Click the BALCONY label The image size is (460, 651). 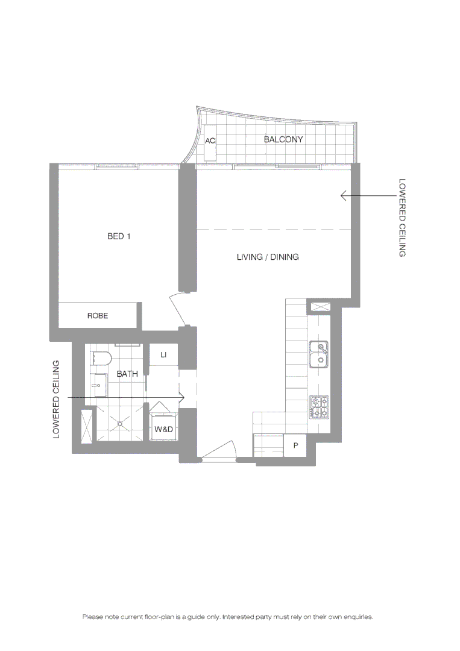[283, 139]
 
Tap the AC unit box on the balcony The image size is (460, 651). [210, 142]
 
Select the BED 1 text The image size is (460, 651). [119, 236]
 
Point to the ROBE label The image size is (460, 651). [98, 315]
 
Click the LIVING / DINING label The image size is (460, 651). [267, 257]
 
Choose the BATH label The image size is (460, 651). [127, 374]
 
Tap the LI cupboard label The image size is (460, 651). [163, 356]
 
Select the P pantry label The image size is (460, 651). [295, 446]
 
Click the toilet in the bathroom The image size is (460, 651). [101, 359]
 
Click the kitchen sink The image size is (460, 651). [318, 354]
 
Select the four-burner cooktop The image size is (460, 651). [319, 407]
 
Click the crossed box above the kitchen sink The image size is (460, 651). [319, 307]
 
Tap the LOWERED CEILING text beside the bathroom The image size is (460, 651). [57, 399]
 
